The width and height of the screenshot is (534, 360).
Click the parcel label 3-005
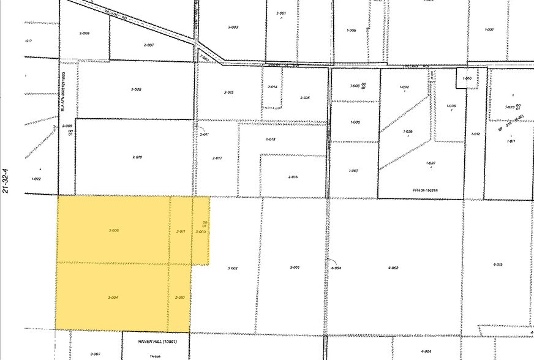pyautogui.click(x=113, y=231)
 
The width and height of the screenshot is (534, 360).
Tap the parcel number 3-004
pyautogui.click(x=112, y=298)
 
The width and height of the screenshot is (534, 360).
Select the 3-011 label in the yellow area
pyautogui.click(x=181, y=231)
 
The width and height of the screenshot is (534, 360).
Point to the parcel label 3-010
pyautogui.click(x=179, y=298)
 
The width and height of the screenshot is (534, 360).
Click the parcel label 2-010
pyautogui.click(x=137, y=157)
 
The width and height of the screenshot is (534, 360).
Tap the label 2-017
pyautogui.click(x=217, y=158)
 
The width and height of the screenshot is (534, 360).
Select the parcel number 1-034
pyautogui.click(x=404, y=88)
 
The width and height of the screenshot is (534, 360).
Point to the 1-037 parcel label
pyautogui.click(x=431, y=163)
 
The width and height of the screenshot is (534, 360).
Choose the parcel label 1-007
pyautogui.click(x=353, y=171)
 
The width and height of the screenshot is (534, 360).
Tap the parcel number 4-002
pyautogui.click(x=393, y=268)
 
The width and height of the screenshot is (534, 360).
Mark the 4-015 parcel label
pyautogui.click(x=497, y=264)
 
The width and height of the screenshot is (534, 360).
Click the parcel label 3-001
pyautogui.click(x=294, y=268)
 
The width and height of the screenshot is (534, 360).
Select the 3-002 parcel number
pyautogui.click(x=232, y=268)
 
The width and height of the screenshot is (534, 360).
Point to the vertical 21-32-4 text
pyautogui.click(x=6, y=181)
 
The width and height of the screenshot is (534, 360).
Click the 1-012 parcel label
pyautogui.click(x=475, y=133)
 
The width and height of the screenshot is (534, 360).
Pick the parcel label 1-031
pyautogui.click(x=489, y=30)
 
